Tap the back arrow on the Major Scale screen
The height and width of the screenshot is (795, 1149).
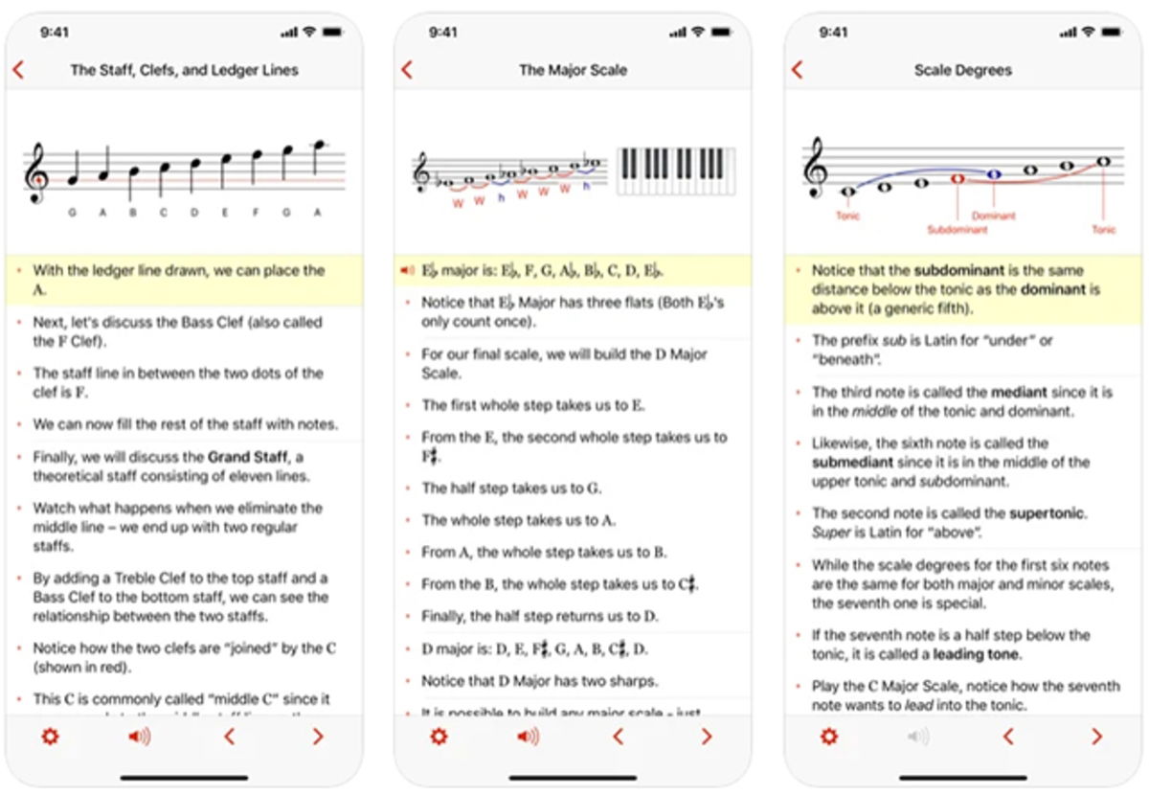pyautogui.click(x=407, y=70)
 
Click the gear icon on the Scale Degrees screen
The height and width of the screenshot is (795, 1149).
pyautogui.click(x=829, y=737)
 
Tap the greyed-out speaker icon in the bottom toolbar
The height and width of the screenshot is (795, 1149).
pyautogui.click(x=918, y=737)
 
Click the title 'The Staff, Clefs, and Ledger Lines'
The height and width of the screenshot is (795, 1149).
pyautogui.click(x=184, y=70)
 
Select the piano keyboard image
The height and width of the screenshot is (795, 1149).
pyautogui.click(x=676, y=170)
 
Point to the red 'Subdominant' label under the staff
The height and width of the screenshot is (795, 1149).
pyautogui.click(x=957, y=230)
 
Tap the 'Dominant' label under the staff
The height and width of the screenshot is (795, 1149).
pyautogui.click(x=993, y=216)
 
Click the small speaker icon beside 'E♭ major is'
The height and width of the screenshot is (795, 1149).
pyautogui.click(x=407, y=271)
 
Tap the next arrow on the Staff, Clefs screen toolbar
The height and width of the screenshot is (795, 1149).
pyautogui.click(x=317, y=737)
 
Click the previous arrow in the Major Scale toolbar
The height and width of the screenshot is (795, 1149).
pyautogui.click(x=618, y=737)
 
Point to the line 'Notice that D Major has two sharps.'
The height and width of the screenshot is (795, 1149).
pyautogui.click(x=539, y=681)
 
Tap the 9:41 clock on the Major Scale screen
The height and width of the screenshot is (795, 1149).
pyautogui.click(x=443, y=33)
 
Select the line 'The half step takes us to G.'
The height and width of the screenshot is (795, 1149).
pyautogui.click(x=511, y=488)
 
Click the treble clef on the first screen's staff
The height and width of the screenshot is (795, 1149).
pyautogui.click(x=37, y=172)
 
